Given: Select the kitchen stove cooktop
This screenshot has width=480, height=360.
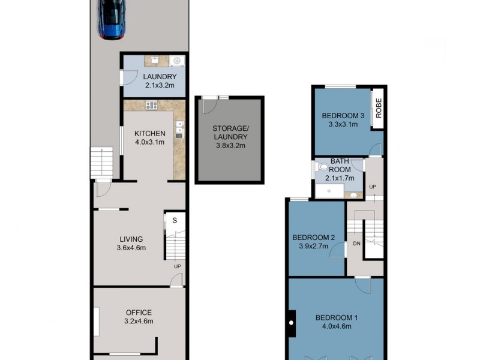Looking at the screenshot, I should click(x=151, y=106).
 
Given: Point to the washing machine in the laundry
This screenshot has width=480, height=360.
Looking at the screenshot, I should click(x=176, y=61).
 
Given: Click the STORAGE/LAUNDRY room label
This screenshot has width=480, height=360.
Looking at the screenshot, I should click(x=229, y=133).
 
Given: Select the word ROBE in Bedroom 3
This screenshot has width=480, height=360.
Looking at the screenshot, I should click(x=379, y=109).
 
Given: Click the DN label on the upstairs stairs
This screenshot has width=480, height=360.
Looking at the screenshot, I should click(x=356, y=243).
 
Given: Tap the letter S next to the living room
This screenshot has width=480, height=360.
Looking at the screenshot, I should click(x=175, y=220).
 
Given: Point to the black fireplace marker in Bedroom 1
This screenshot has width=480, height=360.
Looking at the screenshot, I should click(x=292, y=323).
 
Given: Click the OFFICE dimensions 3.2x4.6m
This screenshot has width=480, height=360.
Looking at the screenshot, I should click(x=139, y=321).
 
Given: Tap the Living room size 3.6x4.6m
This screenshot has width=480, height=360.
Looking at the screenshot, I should click(x=131, y=248).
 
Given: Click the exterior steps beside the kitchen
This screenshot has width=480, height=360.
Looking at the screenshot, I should click(x=101, y=162).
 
